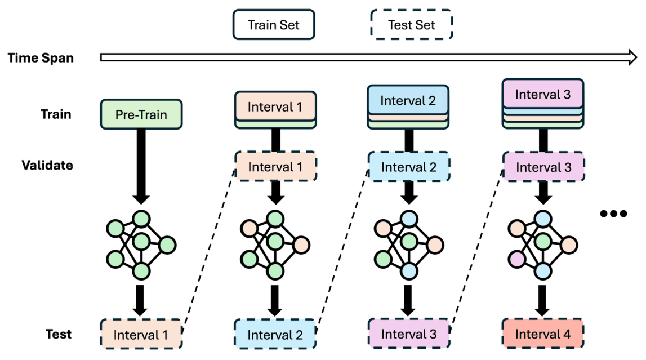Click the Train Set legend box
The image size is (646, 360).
274,25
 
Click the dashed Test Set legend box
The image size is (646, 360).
411,25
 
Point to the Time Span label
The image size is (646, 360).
41,58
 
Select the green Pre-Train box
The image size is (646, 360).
141,114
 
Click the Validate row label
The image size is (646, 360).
47,165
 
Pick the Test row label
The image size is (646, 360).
59,334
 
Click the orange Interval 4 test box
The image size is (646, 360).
543,334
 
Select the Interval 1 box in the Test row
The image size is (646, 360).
141,335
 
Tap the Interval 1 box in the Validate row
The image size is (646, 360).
275,167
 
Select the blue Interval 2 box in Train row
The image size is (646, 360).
408,100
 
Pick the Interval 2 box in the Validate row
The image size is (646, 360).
408,167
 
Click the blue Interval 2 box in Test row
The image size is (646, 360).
275,335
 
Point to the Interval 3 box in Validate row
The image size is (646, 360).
543,167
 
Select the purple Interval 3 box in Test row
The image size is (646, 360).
409,334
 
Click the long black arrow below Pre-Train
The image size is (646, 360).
141,163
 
